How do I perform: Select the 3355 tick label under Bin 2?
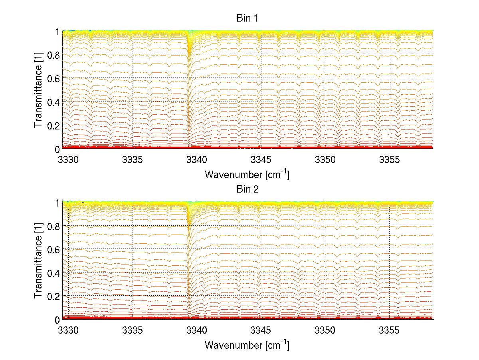[390, 331]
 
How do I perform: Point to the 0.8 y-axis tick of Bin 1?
[53, 55]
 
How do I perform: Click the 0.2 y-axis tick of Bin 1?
[53, 125]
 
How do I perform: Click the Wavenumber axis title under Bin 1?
[247, 174]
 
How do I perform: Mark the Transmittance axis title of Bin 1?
[38, 90]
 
